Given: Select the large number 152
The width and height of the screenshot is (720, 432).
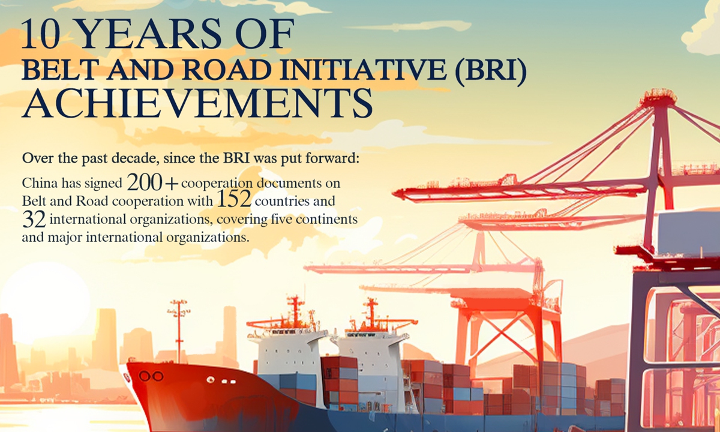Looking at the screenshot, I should (234, 199).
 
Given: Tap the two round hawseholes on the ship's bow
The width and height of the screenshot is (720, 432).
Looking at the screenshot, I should (151, 376).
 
